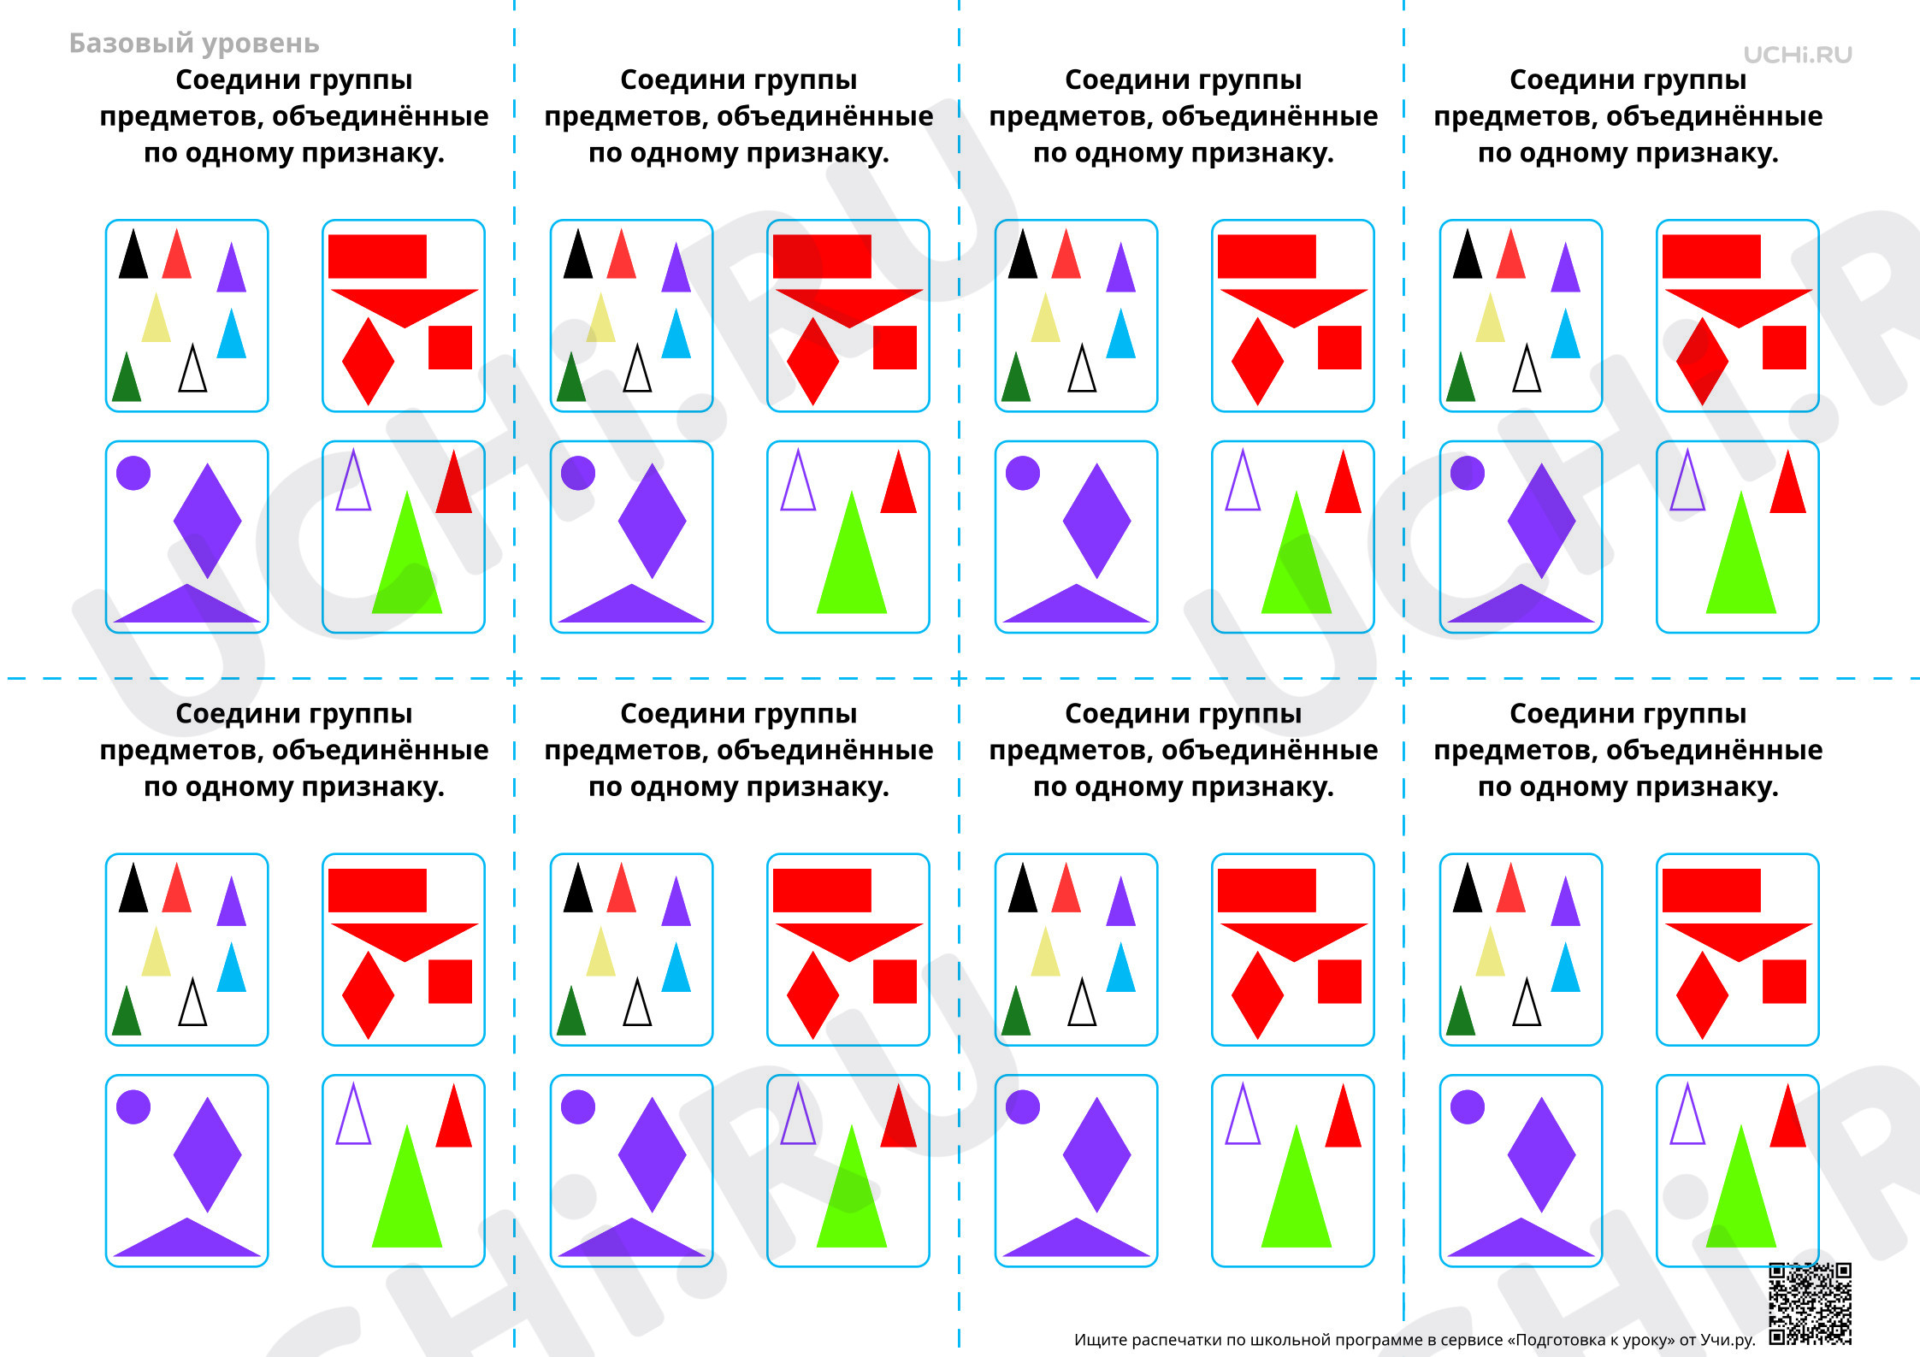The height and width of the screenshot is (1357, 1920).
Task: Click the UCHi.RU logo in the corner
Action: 1798,55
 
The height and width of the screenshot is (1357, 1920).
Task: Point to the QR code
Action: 1811,1303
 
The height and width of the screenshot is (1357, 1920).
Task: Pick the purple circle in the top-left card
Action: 133,473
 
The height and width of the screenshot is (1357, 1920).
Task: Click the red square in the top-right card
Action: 1784,347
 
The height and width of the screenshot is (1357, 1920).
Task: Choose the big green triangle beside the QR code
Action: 1741,1185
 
